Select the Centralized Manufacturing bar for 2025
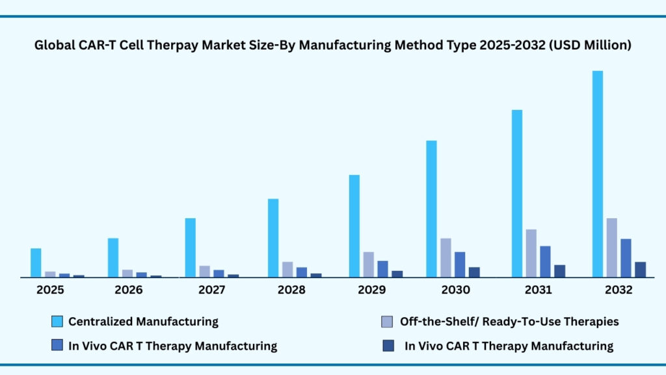pyautogui.click(x=36, y=263)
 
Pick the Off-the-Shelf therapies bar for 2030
pyautogui.click(x=446, y=258)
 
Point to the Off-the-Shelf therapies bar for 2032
pyautogui.click(x=611, y=247)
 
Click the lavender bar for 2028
pyautogui.click(x=287, y=270)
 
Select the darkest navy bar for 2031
pyautogui.click(x=559, y=271)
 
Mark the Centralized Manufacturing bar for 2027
pyautogui.click(x=190, y=247)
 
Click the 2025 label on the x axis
pyautogui.click(x=51, y=290)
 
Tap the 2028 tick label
pyautogui.click(x=291, y=290)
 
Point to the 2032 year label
pyautogui.click(x=618, y=290)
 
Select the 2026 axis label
pyautogui.click(x=129, y=290)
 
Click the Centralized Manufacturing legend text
pyautogui.click(x=143, y=322)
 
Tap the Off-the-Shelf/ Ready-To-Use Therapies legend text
pyautogui.click(x=509, y=322)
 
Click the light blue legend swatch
pyautogui.click(x=57, y=322)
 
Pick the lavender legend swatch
pyautogui.click(x=387, y=322)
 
